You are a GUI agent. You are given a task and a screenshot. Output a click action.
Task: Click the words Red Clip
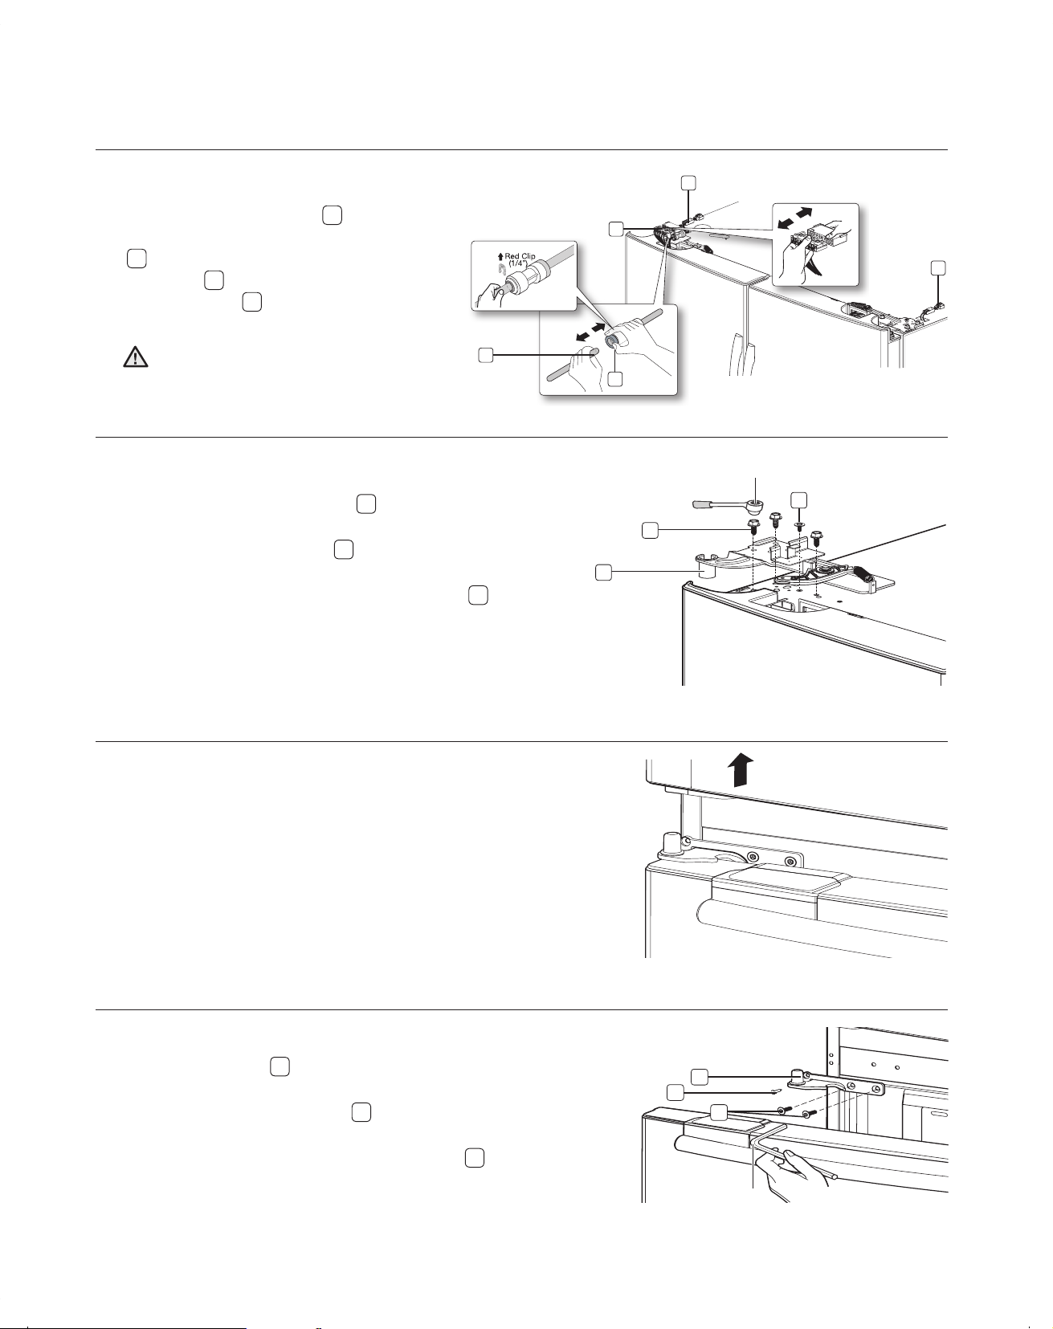coord(519,256)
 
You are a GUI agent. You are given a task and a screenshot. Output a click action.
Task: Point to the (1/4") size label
coord(521,265)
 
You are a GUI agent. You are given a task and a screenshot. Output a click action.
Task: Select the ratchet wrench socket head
coord(755,505)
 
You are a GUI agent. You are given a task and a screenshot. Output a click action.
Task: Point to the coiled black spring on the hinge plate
coord(863,574)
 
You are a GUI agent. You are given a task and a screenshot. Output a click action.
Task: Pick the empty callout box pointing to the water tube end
coord(484,355)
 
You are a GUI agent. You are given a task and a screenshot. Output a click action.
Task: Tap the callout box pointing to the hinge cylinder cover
coord(603,572)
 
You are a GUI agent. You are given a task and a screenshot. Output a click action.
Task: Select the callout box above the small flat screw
coord(798,499)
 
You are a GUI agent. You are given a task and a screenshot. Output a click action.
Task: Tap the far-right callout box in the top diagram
coord(937,267)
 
